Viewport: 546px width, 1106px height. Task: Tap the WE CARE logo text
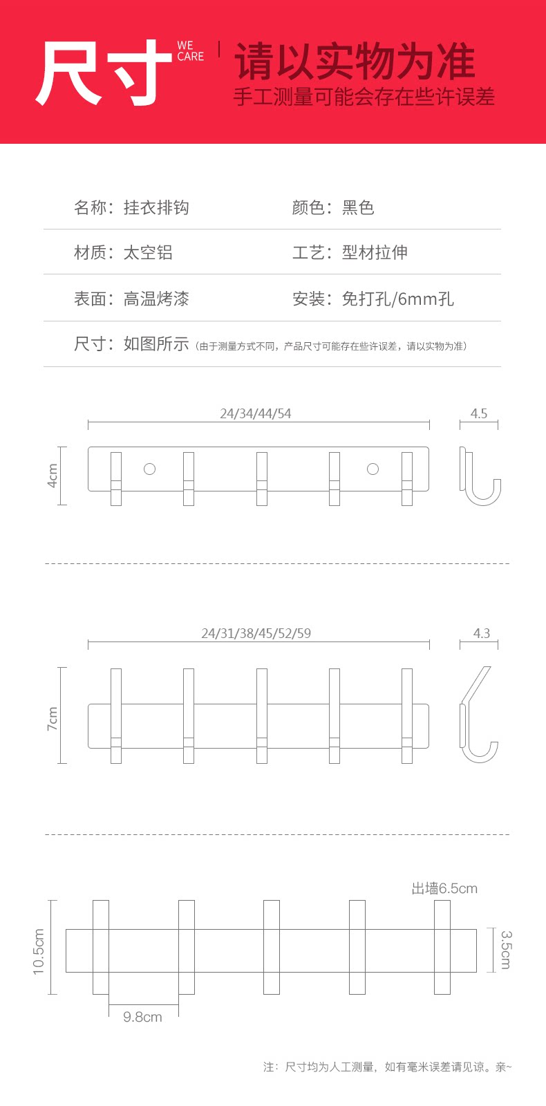click(x=190, y=51)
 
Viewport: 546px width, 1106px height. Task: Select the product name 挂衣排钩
click(x=156, y=207)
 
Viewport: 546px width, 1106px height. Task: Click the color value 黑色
click(x=358, y=207)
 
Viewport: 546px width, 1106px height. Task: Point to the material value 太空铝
click(x=148, y=252)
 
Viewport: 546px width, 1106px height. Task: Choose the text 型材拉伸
click(x=375, y=252)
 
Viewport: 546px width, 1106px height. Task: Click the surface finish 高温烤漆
click(x=156, y=299)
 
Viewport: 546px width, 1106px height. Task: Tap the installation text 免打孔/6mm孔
click(x=397, y=299)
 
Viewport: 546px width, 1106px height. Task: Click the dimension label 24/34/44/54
click(x=256, y=413)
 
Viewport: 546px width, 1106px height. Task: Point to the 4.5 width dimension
click(x=479, y=413)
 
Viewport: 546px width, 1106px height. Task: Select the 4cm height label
click(x=53, y=476)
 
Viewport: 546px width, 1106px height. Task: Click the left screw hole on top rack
click(x=149, y=469)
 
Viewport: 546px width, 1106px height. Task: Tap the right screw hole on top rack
click(x=373, y=469)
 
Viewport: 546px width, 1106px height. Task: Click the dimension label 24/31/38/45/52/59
click(x=256, y=633)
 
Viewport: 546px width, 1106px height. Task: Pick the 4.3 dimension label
click(x=481, y=633)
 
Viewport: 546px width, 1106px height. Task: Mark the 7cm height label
click(x=53, y=718)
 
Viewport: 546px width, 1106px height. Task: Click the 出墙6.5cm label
click(x=444, y=888)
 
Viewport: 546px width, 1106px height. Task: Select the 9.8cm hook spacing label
click(x=142, y=1017)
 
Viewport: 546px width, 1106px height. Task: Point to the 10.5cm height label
click(x=39, y=952)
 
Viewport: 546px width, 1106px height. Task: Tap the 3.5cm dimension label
click(x=506, y=950)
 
